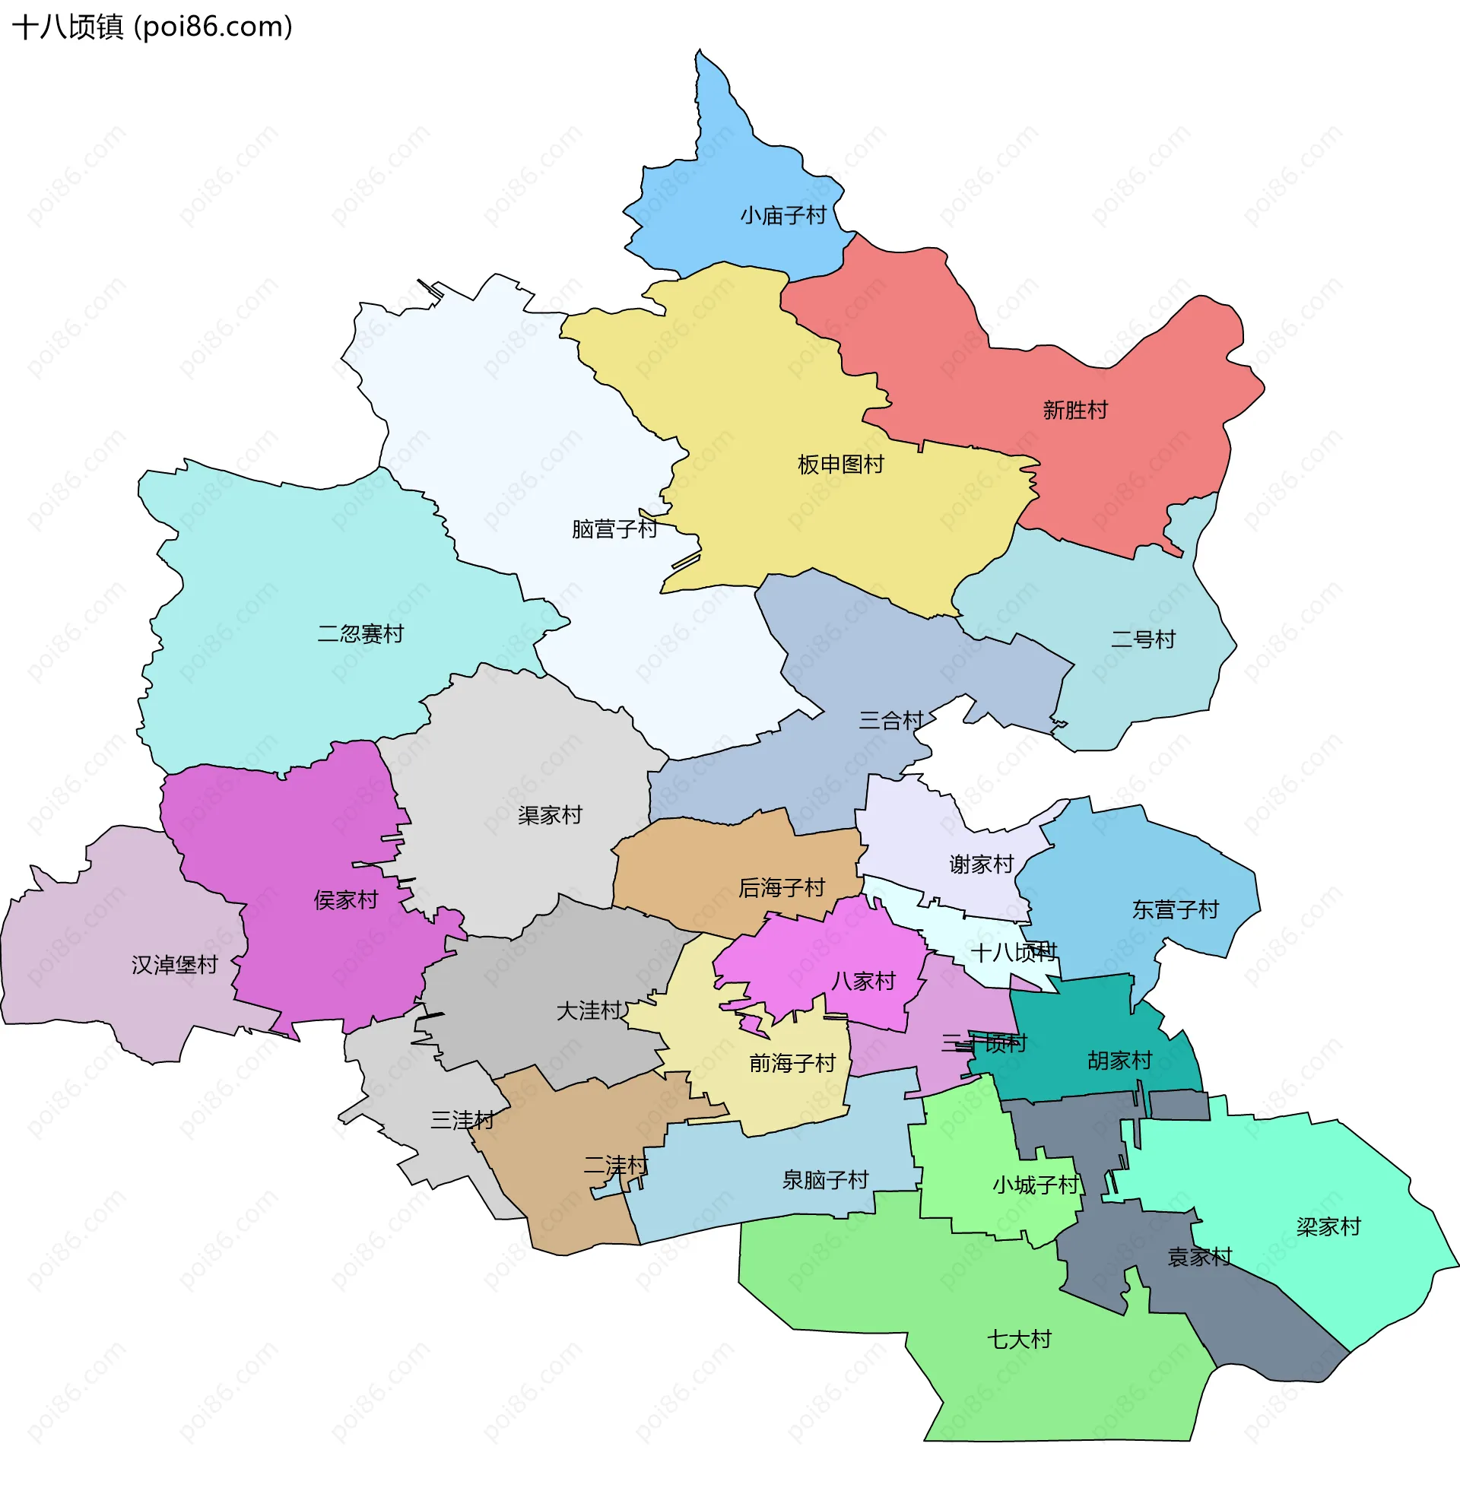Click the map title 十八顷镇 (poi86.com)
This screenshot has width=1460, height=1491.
click(x=153, y=27)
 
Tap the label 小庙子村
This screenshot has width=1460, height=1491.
click(x=783, y=215)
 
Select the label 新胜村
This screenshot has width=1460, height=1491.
click(x=1075, y=410)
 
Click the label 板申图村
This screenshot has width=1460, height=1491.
click(x=840, y=464)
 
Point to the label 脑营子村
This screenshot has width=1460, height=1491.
click(x=614, y=529)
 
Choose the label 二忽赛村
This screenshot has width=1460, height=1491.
click(x=360, y=633)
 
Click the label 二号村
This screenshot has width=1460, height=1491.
click(x=1143, y=639)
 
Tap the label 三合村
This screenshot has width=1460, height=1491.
click(x=890, y=720)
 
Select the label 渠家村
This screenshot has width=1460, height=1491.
click(x=550, y=814)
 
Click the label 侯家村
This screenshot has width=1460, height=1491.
click(x=346, y=899)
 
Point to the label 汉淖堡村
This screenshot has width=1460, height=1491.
click(x=175, y=964)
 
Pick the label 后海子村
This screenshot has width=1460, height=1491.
click(x=782, y=887)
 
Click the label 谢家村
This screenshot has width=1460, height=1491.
click(x=982, y=864)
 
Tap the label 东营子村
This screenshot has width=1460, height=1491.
click(x=1176, y=909)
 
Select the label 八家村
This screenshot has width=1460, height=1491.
click(x=863, y=981)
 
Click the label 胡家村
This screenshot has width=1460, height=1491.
click(x=1119, y=1060)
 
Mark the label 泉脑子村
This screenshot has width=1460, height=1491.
click(x=825, y=1179)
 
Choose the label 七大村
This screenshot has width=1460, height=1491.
click(x=1018, y=1339)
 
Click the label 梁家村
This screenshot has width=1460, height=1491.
click(x=1328, y=1226)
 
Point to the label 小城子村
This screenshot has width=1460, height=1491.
click(x=1036, y=1185)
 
